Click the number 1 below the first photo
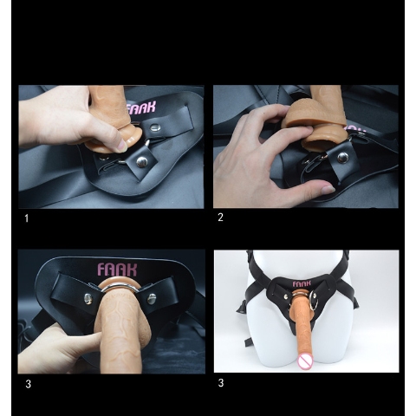[27, 218]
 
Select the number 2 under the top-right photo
[220, 218]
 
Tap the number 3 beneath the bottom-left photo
[28, 384]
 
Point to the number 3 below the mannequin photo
[221, 383]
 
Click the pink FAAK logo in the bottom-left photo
[117, 270]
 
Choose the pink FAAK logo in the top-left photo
[140, 108]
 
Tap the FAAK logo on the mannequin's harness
[302, 283]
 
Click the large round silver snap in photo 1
[141, 161]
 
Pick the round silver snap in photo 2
[343, 158]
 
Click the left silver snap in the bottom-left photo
[88, 298]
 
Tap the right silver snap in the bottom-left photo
[152, 299]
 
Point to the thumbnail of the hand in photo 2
[328, 189]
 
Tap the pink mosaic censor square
[305, 361]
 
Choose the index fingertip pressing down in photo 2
[309, 130]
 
